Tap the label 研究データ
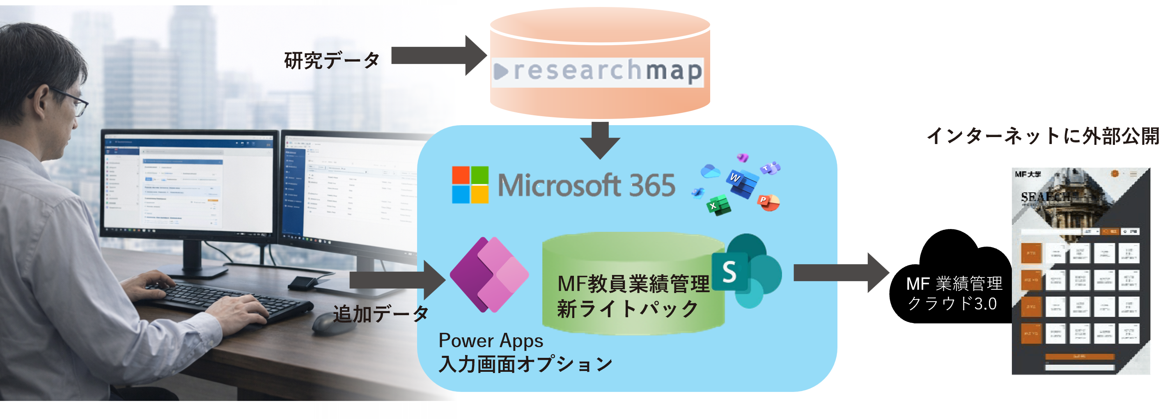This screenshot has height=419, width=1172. point(332,60)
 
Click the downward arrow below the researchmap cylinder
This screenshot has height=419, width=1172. point(600,141)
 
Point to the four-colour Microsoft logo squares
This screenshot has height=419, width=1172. point(470,184)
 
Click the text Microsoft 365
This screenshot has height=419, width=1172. point(587,185)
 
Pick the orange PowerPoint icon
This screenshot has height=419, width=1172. point(768,201)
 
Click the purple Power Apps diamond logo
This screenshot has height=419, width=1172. point(489,274)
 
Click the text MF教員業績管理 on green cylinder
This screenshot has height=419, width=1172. point(633,284)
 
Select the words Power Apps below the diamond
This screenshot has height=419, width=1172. point(491,341)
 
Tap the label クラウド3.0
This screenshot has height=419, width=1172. point(952,303)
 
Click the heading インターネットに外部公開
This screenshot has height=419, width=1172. point(1043,136)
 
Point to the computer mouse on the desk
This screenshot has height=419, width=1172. point(329,323)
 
